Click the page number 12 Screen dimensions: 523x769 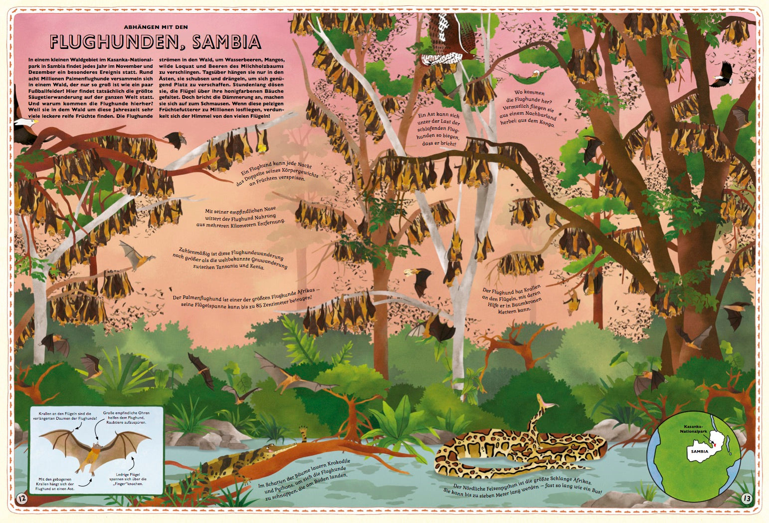[21, 498]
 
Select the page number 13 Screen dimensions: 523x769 [746, 498]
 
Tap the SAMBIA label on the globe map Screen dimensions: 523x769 [700, 451]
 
